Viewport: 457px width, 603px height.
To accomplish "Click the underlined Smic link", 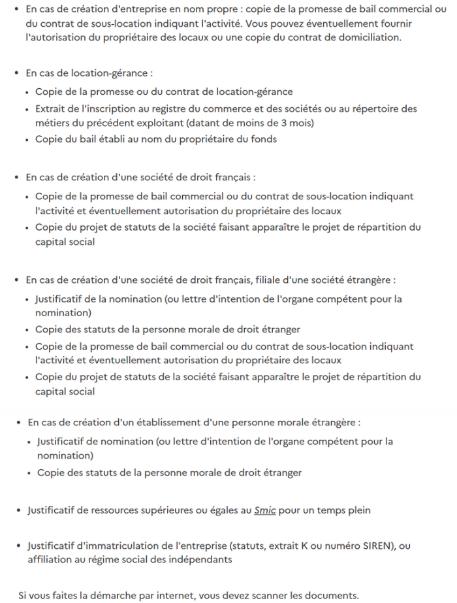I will (266, 510).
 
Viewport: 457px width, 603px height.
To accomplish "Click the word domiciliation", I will (372, 37).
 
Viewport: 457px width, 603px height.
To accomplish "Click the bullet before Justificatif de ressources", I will (18, 510).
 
